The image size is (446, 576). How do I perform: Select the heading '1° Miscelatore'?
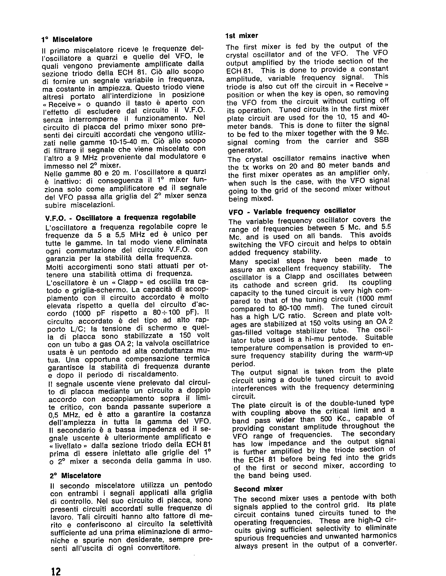pos(67,39)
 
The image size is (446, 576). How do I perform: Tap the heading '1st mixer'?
pos(242,35)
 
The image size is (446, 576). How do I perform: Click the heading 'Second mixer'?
pos(258,489)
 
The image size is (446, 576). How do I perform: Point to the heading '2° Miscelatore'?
pos(76,475)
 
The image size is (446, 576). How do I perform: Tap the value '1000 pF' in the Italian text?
pos(90,314)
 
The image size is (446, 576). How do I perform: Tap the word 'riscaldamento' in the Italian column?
pos(151,374)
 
